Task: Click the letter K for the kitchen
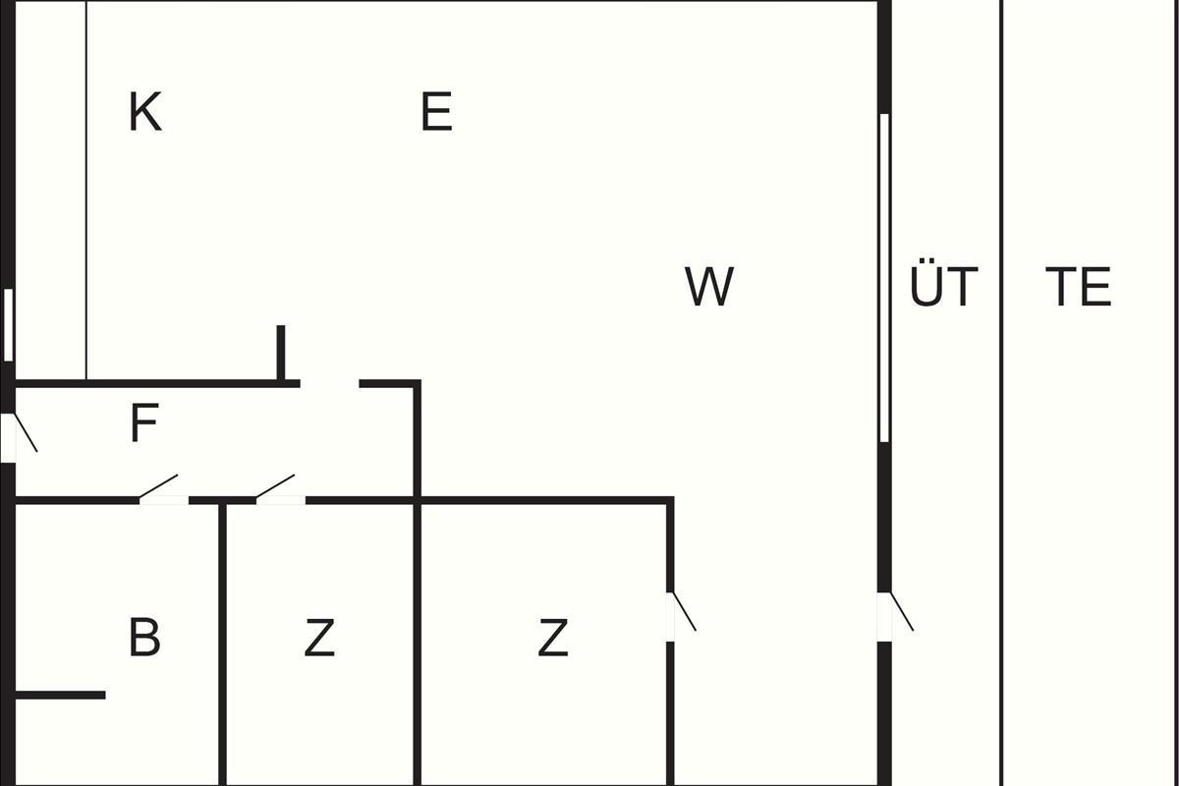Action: (x=144, y=112)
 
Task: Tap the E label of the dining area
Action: (x=436, y=112)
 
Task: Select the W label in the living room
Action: (x=708, y=287)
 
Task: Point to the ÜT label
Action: (x=943, y=287)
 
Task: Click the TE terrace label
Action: (x=1078, y=287)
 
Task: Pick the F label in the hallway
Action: (x=143, y=424)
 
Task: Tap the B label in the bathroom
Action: (x=144, y=638)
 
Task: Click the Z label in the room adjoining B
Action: (x=319, y=639)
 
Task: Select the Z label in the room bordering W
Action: (x=553, y=639)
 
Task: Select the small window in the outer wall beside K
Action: (x=8, y=324)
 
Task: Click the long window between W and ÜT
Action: (x=884, y=277)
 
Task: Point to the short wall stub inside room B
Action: (x=59, y=696)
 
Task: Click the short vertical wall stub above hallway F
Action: (x=281, y=352)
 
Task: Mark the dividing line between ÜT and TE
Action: (x=1001, y=393)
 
